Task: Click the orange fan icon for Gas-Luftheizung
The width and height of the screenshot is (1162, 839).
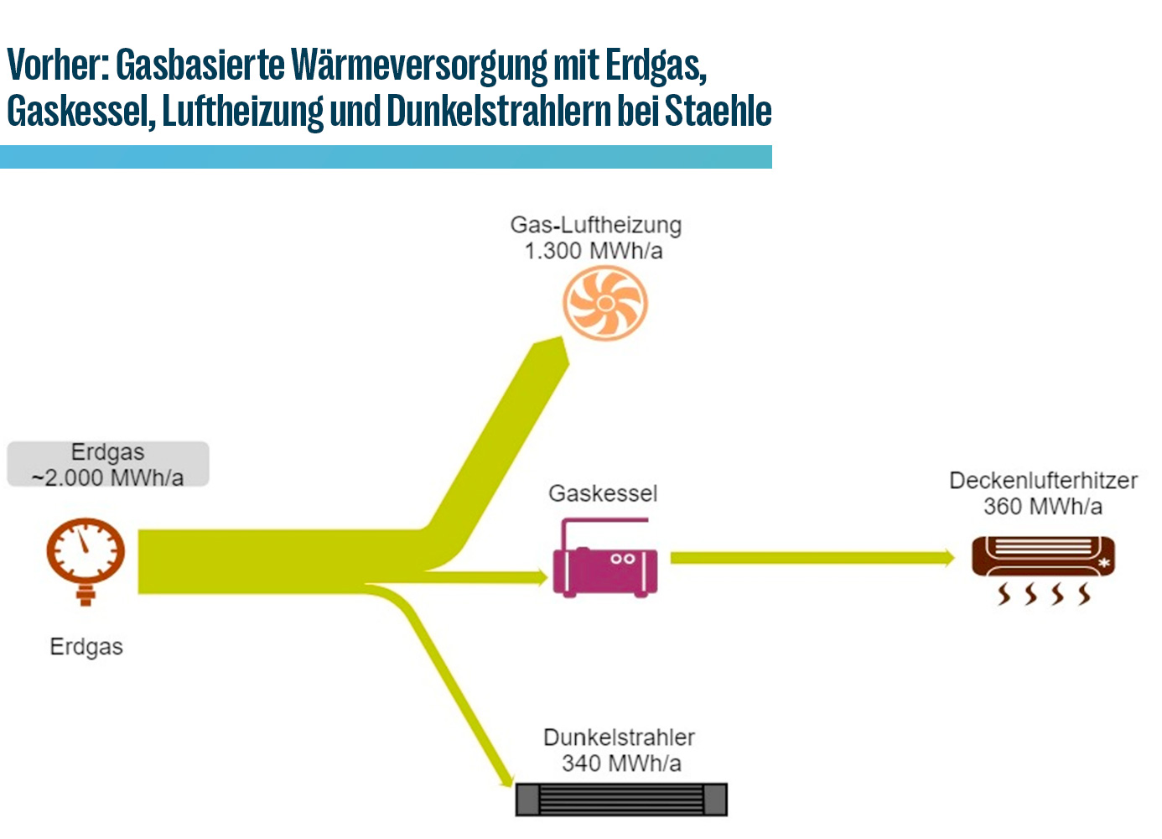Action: (604, 303)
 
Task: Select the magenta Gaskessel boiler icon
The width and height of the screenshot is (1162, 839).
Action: (604, 558)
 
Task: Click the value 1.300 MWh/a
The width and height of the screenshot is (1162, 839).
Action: (594, 252)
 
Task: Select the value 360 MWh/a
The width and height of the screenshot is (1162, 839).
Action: (1043, 506)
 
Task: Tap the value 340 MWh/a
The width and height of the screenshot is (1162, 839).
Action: (621, 763)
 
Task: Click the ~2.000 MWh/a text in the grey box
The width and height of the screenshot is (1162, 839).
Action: (107, 478)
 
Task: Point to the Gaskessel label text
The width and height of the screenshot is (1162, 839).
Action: (603, 493)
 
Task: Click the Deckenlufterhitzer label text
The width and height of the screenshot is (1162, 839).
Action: (1043, 480)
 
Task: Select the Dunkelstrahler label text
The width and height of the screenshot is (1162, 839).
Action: (619, 737)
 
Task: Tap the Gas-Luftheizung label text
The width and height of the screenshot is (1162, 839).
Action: (595, 226)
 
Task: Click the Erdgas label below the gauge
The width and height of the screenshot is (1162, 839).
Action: (86, 648)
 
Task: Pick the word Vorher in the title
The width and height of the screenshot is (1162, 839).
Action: (58, 65)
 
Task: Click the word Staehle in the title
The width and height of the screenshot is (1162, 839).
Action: (718, 111)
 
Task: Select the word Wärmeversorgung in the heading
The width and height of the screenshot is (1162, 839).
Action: (419, 66)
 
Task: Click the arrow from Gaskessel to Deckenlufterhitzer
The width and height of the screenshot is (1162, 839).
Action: (812, 558)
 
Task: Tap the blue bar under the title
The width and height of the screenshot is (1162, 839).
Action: (386, 157)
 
